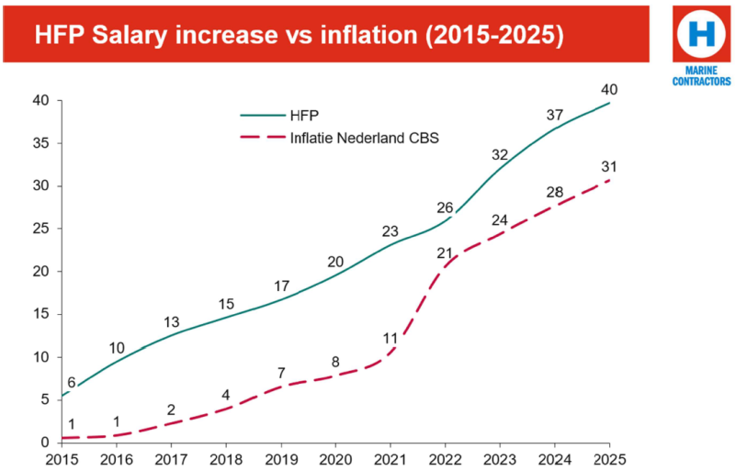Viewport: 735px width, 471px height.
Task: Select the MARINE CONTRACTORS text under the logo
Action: [x=701, y=76]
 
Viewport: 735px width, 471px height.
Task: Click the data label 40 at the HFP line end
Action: [x=609, y=89]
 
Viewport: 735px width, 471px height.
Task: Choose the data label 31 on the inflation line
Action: [x=609, y=167]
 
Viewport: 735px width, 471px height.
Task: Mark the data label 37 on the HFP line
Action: [x=555, y=115]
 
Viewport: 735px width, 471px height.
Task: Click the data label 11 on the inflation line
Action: [x=390, y=338]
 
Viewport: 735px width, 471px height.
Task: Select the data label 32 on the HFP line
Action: [x=500, y=154]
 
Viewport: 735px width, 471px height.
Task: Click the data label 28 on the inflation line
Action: [x=555, y=191]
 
